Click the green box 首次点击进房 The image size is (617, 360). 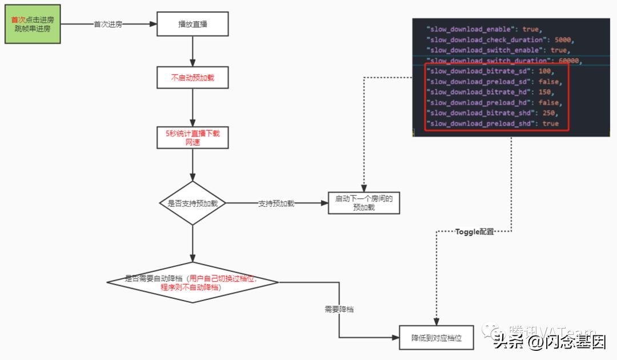point(33,24)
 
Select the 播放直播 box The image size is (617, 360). point(193,25)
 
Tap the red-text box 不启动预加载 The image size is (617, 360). point(193,78)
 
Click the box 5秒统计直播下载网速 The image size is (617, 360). point(193,138)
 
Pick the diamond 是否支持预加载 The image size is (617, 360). point(193,203)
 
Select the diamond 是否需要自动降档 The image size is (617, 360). point(193,282)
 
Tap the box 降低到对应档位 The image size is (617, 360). point(437,338)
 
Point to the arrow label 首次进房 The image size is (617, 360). point(108,25)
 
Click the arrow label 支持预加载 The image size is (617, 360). point(276,203)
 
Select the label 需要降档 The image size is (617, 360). point(339,309)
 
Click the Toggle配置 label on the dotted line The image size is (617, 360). point(474,232)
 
